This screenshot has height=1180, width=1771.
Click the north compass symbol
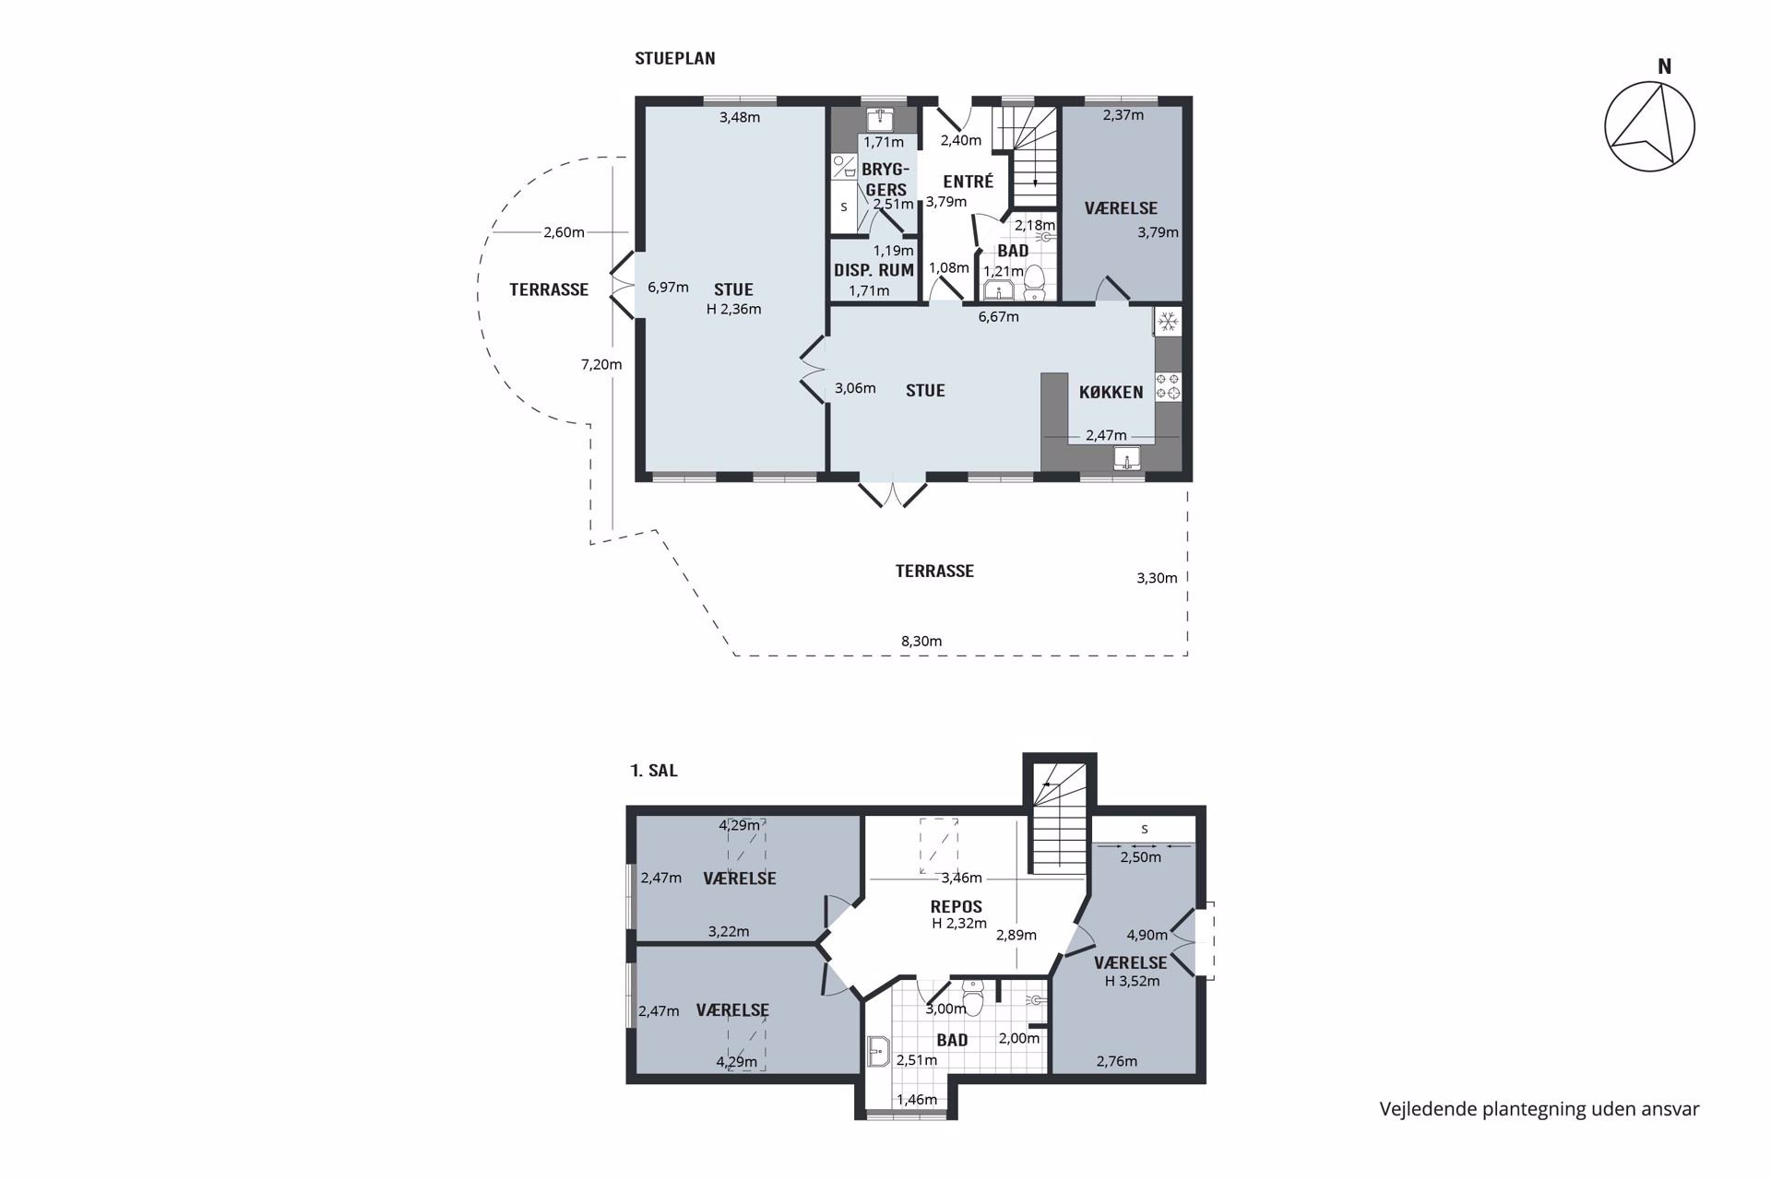(1649, 126)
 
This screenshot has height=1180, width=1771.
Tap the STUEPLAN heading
(674, 58)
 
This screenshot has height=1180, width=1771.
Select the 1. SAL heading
(654, 771)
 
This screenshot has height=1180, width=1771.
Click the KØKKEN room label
(1111, 392)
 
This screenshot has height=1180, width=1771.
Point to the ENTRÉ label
(968, 182)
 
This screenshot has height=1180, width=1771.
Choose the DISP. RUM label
(874, 270)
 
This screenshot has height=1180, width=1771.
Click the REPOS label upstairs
(957, 906)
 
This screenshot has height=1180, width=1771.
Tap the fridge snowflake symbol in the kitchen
(1168, 321)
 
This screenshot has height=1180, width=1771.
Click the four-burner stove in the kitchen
(1168, 385)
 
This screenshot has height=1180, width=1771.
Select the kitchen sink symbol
(1127, 458)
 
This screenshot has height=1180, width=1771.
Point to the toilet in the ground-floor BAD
(1035, 281)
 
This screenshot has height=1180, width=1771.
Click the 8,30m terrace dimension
(921, 641)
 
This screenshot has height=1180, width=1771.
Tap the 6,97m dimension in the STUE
(668, 287)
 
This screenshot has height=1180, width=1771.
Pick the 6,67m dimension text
(999, 316)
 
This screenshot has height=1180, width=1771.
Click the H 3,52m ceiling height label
(1132, 981)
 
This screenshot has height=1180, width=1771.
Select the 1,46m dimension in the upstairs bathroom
(917, 1099)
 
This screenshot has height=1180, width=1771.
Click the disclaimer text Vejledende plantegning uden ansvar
(1539, 1109)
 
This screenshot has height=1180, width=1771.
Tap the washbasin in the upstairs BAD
(878, 1051)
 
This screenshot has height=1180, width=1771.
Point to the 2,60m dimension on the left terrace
(564, 232)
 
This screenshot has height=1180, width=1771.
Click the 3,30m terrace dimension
(1157, 578)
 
